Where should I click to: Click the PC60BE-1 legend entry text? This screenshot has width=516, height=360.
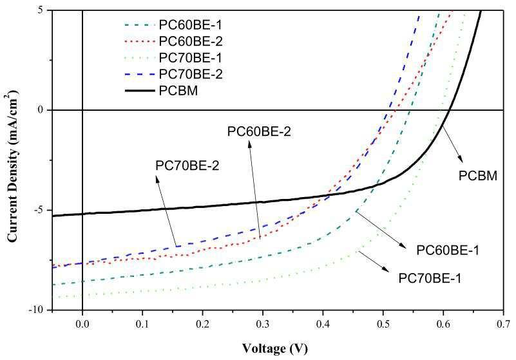(190, 25)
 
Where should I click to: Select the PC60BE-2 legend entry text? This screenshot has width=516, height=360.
(191, 41)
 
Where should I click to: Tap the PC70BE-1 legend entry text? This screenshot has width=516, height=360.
(190, 58)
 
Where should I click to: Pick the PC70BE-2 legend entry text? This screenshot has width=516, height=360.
(191, 74)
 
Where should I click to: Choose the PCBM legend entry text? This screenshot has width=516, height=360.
(178, 91)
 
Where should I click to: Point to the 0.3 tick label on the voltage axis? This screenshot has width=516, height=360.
(263, 324)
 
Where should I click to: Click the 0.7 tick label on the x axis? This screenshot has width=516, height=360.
(503, 324)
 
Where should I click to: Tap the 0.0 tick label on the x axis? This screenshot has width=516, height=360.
(82, 324)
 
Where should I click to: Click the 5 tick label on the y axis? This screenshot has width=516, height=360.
(42, 10)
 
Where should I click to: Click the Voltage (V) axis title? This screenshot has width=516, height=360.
(275, 348)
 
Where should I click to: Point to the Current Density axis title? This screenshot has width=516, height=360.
(12, 168)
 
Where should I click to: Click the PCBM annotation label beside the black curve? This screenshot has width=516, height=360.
(478, 176)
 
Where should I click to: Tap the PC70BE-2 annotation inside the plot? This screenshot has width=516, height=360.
(187, 166)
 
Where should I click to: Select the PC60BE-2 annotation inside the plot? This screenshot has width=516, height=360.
(259, 131)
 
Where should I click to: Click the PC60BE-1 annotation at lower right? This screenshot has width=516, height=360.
(448, 251)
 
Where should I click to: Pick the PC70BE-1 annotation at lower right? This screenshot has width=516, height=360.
(430, 278)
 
